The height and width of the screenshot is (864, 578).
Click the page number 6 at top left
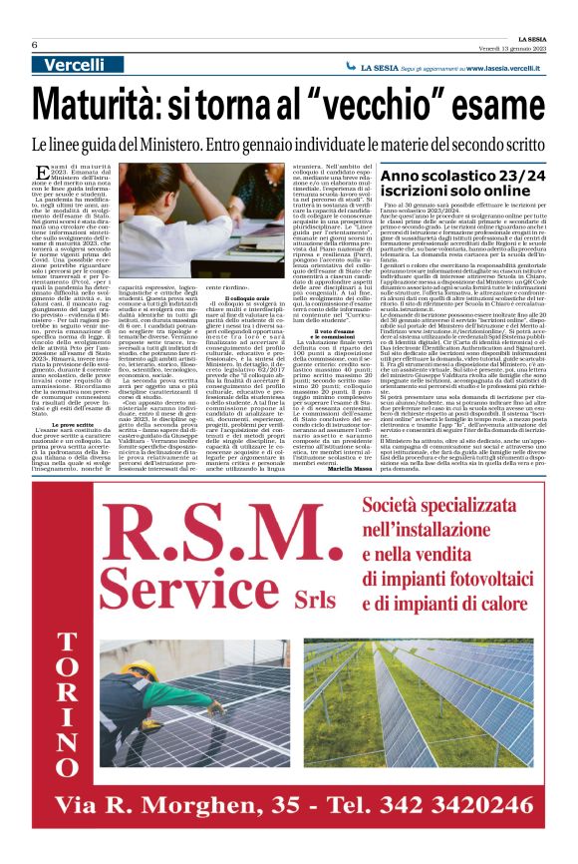click(34, 45)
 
